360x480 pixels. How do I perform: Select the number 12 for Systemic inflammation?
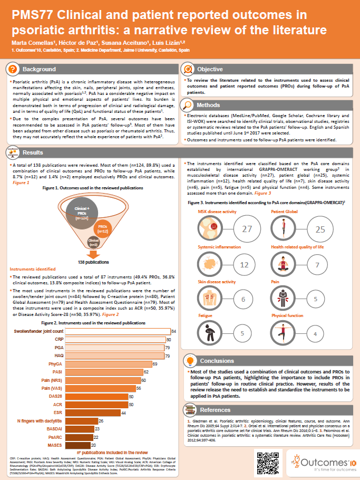click(244, 265)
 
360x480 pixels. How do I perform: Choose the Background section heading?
click(39, 69)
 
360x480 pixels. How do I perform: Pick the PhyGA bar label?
click(55, 364)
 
